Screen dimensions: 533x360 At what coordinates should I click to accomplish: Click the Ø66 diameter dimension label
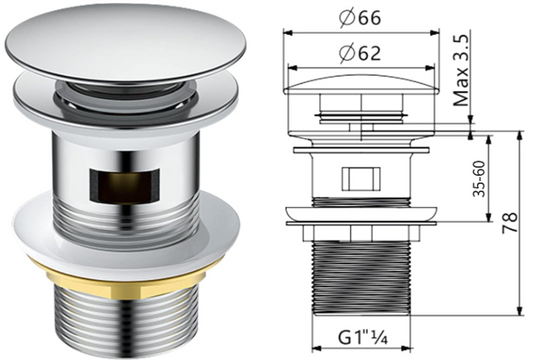(x=360, y=18)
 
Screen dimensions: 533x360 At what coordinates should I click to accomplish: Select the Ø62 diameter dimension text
(x=360, y=53)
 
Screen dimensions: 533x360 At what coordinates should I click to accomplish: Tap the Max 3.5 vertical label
(x=462, y=70)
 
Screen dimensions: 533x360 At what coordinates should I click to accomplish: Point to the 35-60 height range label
(x=480, y=179)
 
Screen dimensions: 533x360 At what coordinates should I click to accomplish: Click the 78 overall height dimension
(x=510, y=223)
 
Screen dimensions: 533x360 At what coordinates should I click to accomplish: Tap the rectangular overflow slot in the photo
(x=124, y=184)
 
